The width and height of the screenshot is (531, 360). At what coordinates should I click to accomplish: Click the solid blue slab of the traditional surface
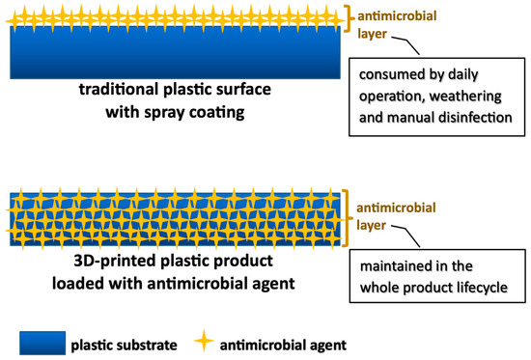pyautogui.click(x=174, y=53)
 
